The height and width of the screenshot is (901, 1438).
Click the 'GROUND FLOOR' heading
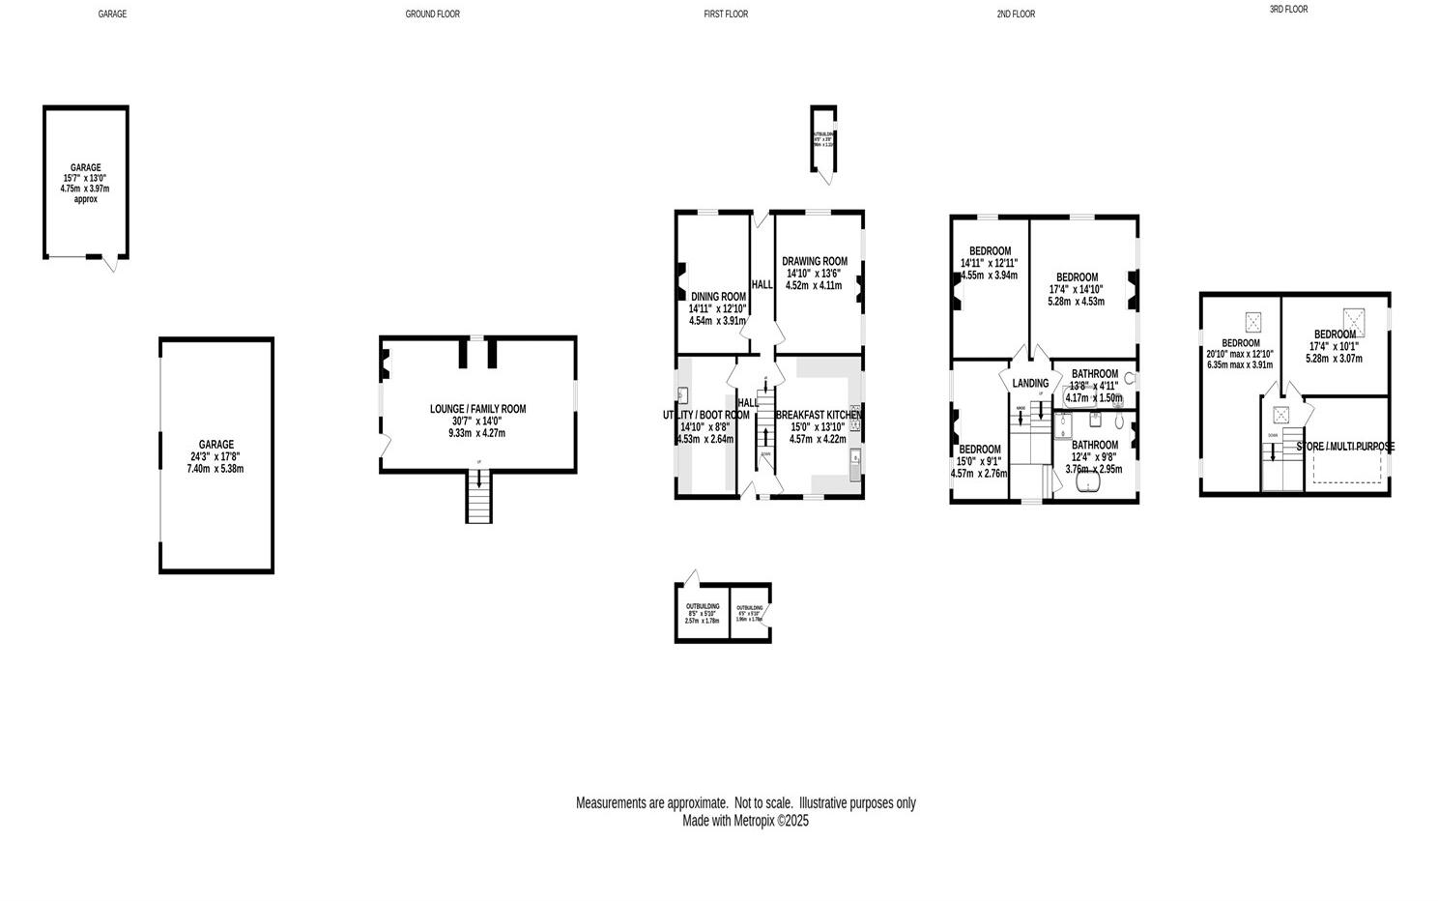coord(432,15)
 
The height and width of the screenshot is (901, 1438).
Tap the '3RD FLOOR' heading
coord(1288,10)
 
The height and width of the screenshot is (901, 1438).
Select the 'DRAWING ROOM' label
coord(814,261)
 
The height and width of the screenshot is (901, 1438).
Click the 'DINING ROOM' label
coord(718,297)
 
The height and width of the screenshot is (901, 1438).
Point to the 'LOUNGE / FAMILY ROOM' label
coord(477,409)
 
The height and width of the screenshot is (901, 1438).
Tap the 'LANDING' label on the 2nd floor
coord(1030,384)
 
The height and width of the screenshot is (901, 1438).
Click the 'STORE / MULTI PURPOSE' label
coord(1345,447)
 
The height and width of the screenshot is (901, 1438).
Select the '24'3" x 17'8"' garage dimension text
coord(216,457)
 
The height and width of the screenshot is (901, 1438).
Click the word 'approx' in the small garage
coord(85,199)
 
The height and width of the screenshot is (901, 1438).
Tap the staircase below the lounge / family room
coord(478,498)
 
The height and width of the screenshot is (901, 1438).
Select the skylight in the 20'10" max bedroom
coord(1254,321)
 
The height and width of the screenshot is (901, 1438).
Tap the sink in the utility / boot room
coord(683,394)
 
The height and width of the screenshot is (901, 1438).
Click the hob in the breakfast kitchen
coord(855,423)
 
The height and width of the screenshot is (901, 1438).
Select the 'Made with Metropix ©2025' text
coord(745,821)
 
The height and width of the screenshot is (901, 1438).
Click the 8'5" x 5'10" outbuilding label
coord(703,613)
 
